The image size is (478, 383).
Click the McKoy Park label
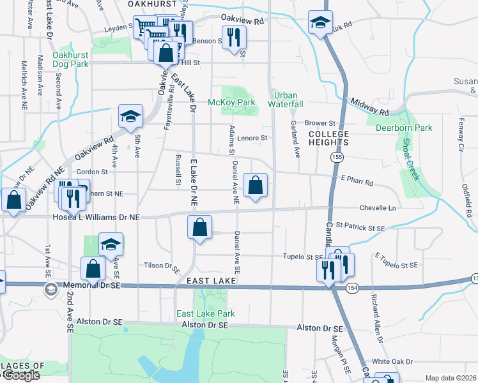pos(231,102)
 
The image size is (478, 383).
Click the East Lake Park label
pos(206,313)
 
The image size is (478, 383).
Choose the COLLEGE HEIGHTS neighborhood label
pos(329,139)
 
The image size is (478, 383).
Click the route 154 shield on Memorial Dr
pos(353,289)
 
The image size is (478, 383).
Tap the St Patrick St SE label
pos(360,227)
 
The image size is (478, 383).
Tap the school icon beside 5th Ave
pos(130,116)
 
